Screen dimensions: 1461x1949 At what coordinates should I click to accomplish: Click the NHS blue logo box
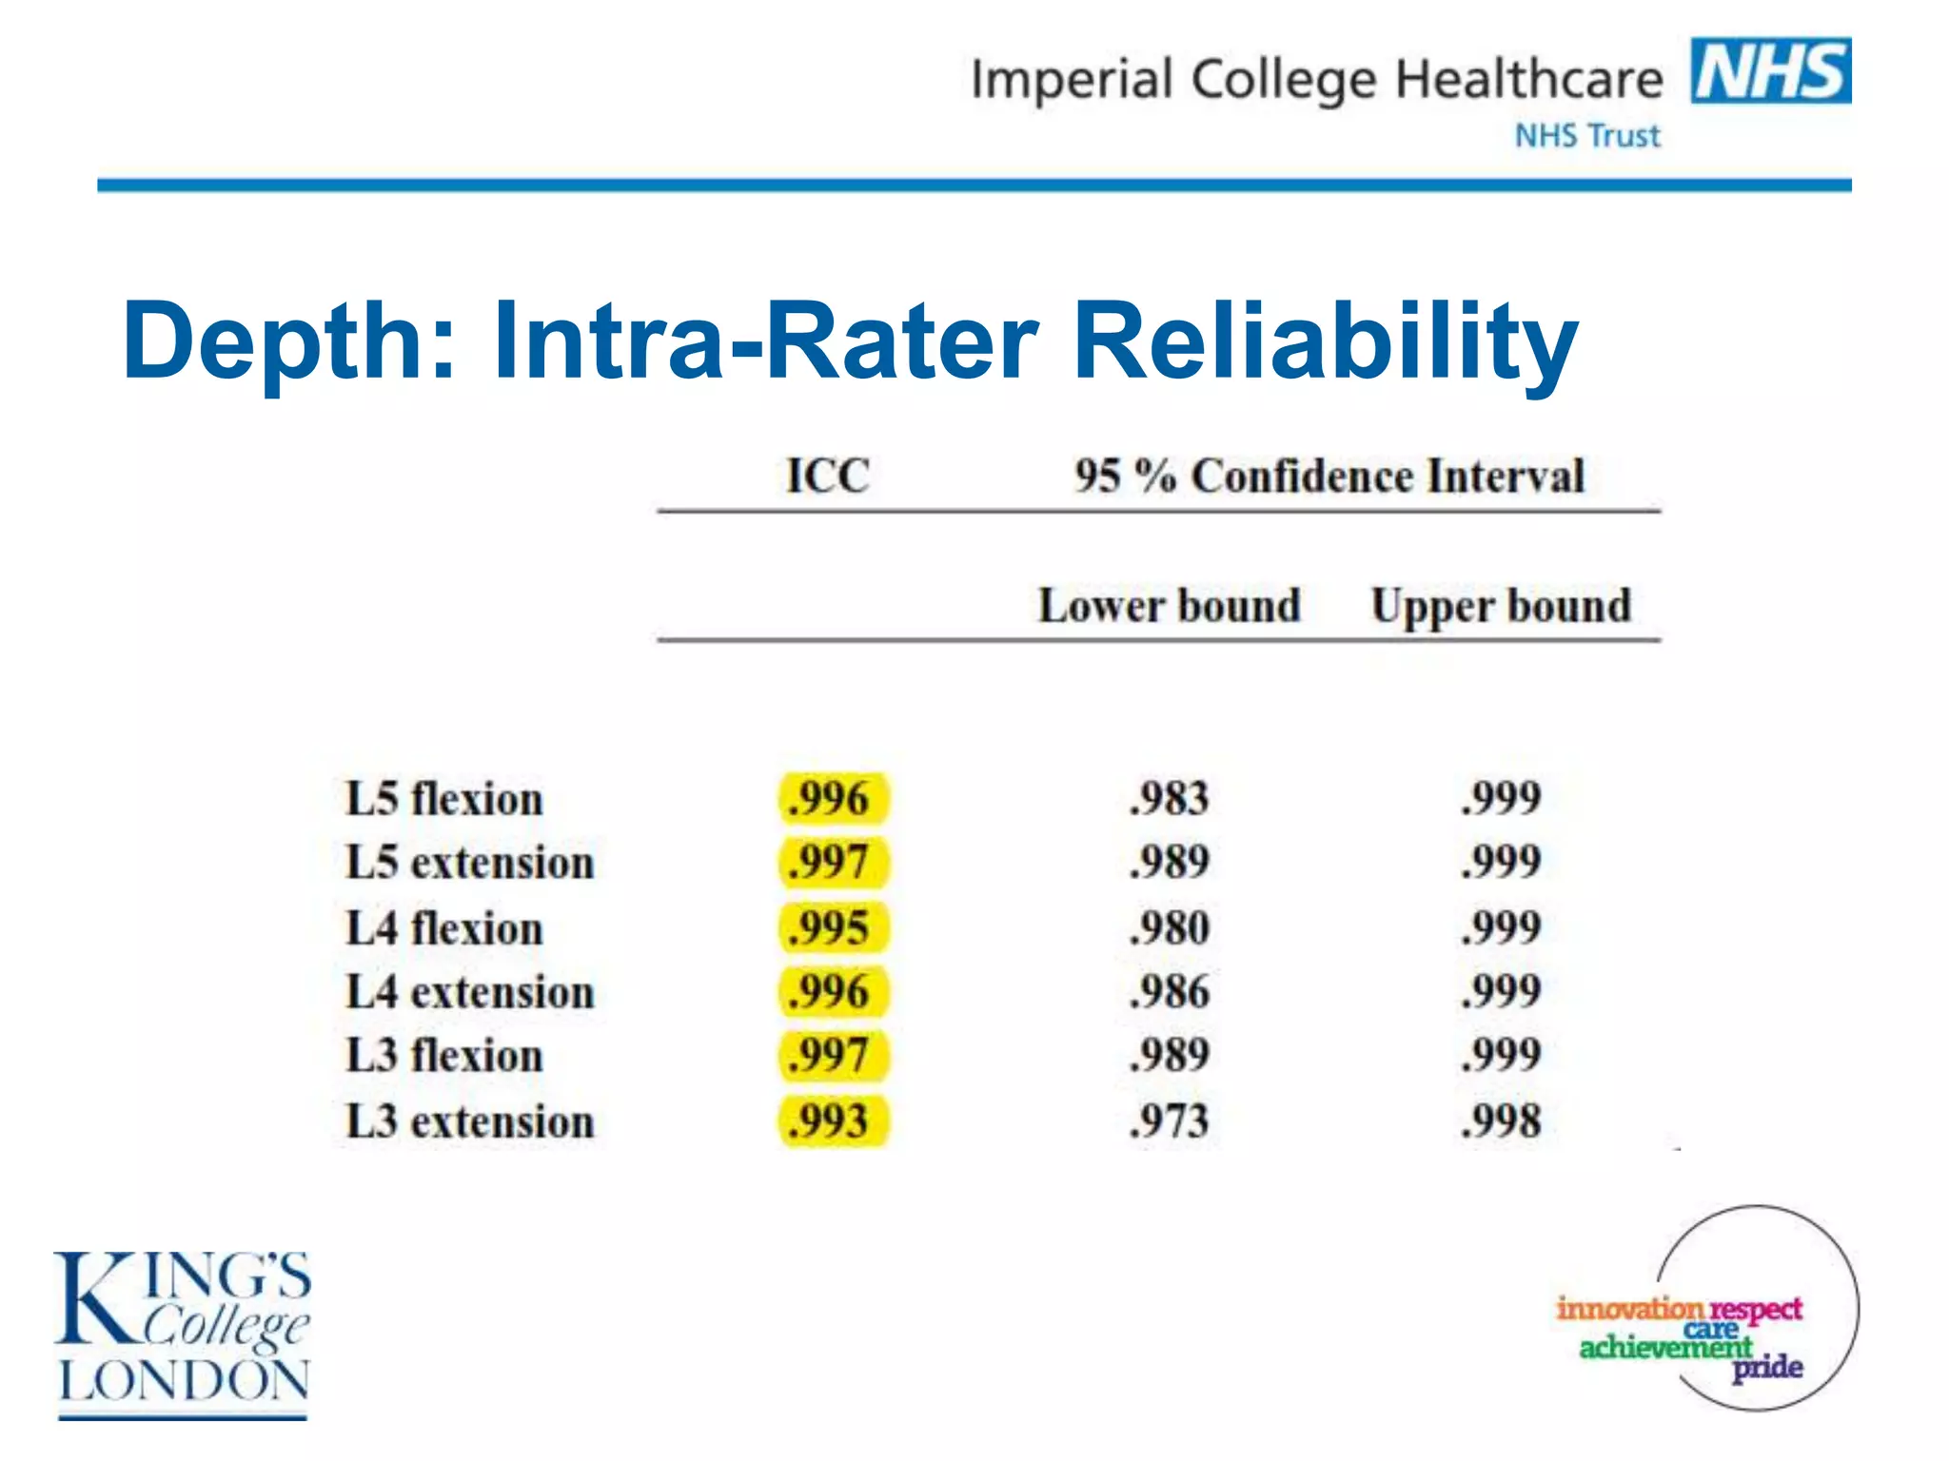pyautogui.click(x=1770, y=70)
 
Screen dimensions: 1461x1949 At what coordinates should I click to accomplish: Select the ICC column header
pyautogui.click(x=828, y=475)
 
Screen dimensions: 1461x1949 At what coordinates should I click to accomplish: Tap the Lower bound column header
pyautogui.click(x=1169, y=606)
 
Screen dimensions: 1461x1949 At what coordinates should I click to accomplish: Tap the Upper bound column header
pyautogui.click(x=1501, y=606)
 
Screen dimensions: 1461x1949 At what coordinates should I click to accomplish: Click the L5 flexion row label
pyautogui.click(x=443, y=799)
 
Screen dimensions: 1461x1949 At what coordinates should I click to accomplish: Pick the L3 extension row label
pyautogui.click(x=469, y=1121)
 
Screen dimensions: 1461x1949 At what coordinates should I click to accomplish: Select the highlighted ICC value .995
pyautogui.click(x=831, y=927)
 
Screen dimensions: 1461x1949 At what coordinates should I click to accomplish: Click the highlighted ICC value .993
pyautogui.click(x=831, y=1121)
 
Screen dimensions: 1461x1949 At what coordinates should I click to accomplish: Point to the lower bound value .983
pyautogui.click(x=1169, y=798)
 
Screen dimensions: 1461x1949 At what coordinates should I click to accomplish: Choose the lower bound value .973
pyautogui.click(x=1169, y=1121)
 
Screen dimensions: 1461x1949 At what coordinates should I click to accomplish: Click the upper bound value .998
pyautogui.click(x=1501, y=1121)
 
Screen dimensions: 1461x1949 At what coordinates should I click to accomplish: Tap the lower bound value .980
pyautogui.click(x=1169, y=927)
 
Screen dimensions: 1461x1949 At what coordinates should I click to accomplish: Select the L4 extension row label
pyautogui.click(x=469, y=992)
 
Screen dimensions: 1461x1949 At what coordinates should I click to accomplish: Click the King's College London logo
pyautogui.click(x=183, y=1332)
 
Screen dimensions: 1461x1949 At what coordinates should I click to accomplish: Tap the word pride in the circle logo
pyautogui.click(x=1766, y=1369)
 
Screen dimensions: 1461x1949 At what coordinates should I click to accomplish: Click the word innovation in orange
pyautogui.click(x=1628, y=1309)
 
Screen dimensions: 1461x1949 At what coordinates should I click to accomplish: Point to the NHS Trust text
pyautogui.click(x=1586, y=136)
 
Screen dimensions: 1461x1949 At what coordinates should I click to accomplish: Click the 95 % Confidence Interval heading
pyautogui.click(x=1329, y=476)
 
